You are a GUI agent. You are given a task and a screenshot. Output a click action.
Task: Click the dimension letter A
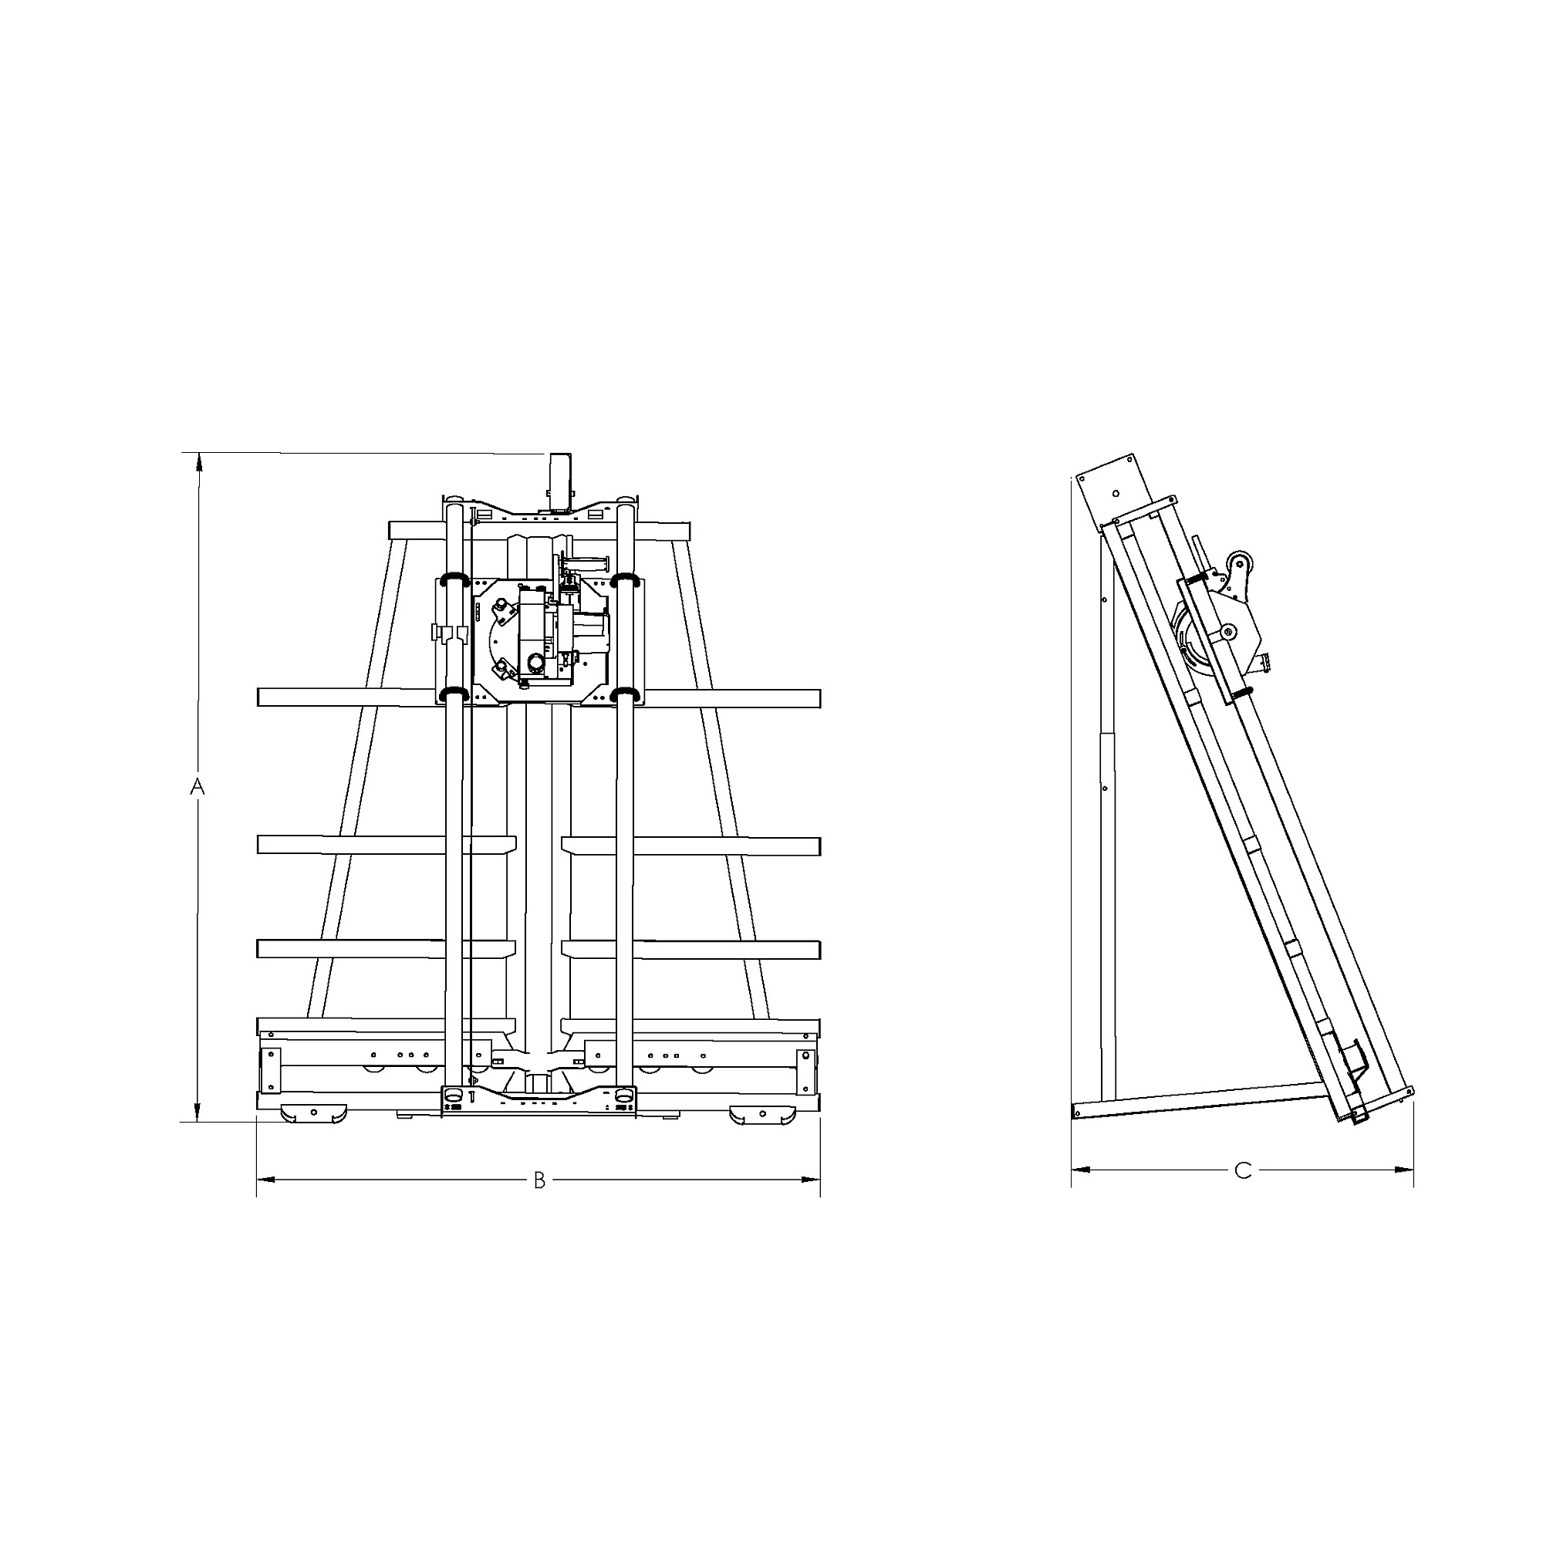click(198, 787)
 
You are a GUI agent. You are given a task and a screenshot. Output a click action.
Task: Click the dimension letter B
click(539, 1180)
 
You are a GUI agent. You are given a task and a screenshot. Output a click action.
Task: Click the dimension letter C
click(1243, 1171)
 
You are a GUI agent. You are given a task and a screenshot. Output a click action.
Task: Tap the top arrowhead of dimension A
click(198, 463)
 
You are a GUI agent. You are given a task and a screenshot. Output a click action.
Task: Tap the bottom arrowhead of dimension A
click(198, 1112)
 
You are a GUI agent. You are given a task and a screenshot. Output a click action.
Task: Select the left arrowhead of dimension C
click(1082, 1170)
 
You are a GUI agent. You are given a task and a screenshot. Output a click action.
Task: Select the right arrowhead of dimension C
click(1404, 1170)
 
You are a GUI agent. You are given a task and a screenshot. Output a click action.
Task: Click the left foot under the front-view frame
click(314, 1114)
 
